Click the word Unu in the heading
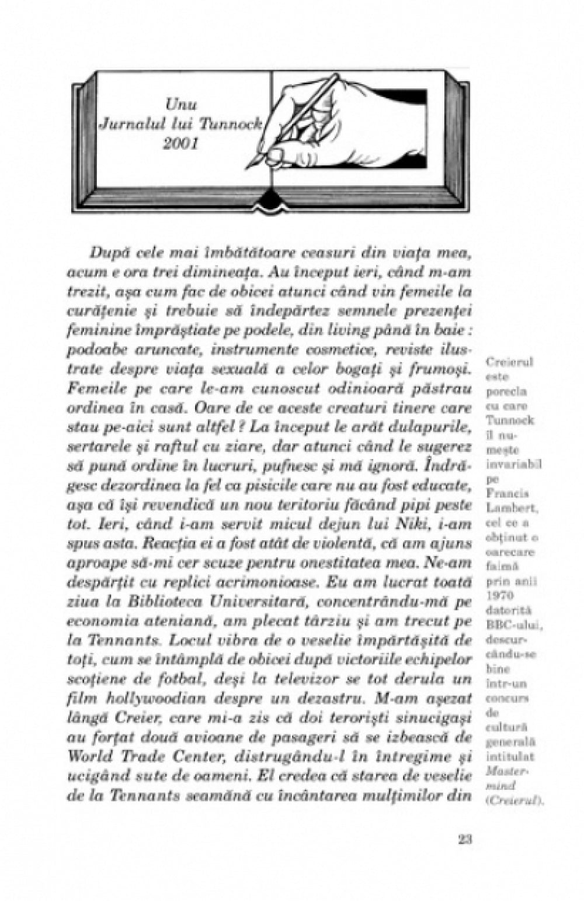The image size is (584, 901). click(181, 105)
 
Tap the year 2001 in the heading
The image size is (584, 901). click(181, 143)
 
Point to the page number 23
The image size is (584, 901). click(465, 838)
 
